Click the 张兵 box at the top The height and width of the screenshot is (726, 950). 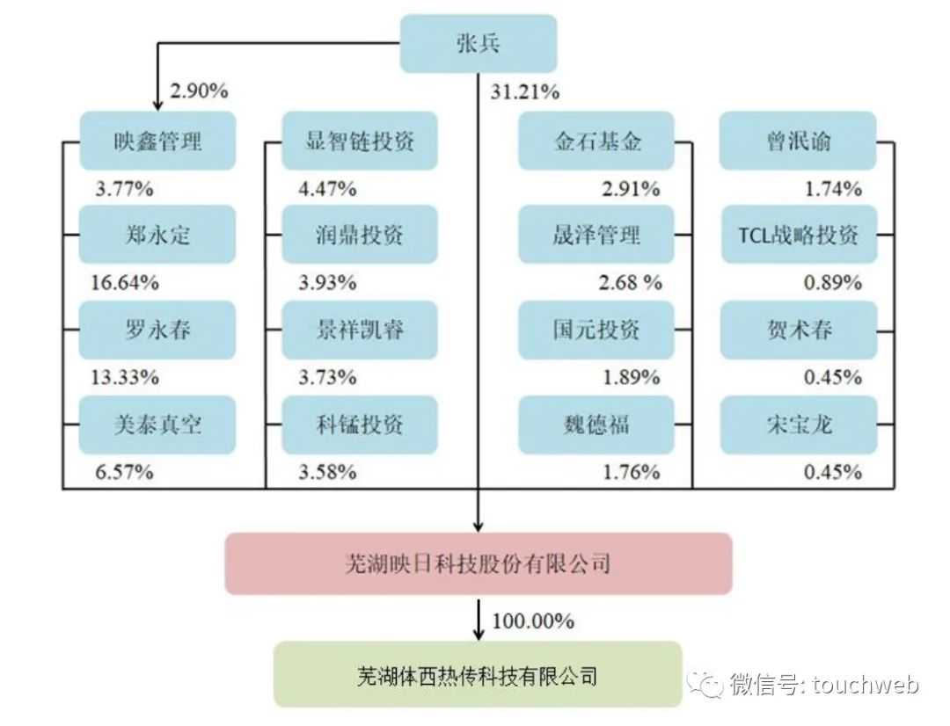pos(479,43)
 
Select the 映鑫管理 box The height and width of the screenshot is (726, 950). pos(157,141)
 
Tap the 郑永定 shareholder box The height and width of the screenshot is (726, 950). pos(157,235)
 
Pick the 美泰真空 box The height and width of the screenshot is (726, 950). pos(157,425)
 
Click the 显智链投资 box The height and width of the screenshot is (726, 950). pos(360,141)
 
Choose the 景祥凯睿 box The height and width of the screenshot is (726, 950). pos(360,330)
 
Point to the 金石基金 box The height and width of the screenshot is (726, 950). pos(596,141)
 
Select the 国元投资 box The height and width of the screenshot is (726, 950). pos(596,330)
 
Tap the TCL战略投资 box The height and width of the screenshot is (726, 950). pos(799,235)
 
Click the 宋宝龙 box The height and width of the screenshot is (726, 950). pos(799,425)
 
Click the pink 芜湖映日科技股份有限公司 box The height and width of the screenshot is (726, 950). pos(479,563)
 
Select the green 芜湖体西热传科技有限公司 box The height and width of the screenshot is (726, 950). pos(479,675)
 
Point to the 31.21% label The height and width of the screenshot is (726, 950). pos(525,91)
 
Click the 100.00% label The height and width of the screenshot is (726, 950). pos(532,621)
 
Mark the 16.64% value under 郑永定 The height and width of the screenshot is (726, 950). pos(125,282)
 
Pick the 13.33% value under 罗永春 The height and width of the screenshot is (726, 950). pos(125,377)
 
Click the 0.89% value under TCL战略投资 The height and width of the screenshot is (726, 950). pos(833,282)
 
